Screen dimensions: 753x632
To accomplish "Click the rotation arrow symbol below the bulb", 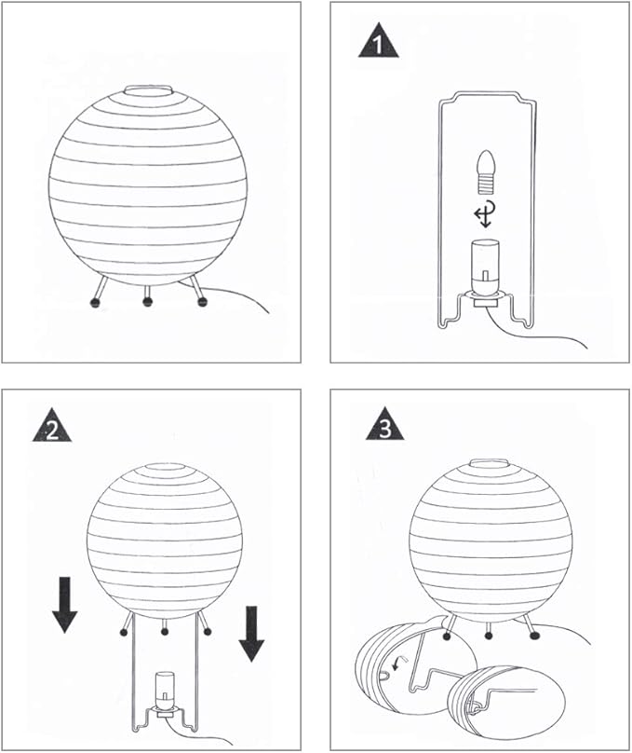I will [x=482, y=217].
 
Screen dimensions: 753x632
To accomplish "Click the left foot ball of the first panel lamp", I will [x=94, y=301].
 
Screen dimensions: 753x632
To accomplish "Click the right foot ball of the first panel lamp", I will [x=200, y=300].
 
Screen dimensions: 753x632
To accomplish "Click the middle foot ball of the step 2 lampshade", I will [x=165, y=632].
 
